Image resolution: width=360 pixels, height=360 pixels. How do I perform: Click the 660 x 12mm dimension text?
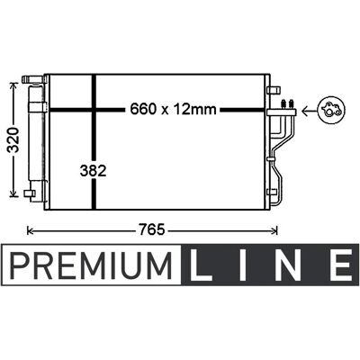pyautogui.click(x=173, y=109)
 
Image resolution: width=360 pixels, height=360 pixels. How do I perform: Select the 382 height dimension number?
pyautogui.click(x=94, y=171)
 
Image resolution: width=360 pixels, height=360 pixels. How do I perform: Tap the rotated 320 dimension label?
pyautogui.click(x=13, y=139)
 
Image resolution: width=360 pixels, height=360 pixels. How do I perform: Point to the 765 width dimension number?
pyautogui.click(x=151, y=230)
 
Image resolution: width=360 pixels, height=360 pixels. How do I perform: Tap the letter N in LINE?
pyautogui.click(x=289, y=265)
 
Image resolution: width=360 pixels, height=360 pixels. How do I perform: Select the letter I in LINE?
pyautogui.click(x=242, y=265)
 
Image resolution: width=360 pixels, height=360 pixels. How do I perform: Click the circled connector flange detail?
pyautogui.click(x=332, y=110)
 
